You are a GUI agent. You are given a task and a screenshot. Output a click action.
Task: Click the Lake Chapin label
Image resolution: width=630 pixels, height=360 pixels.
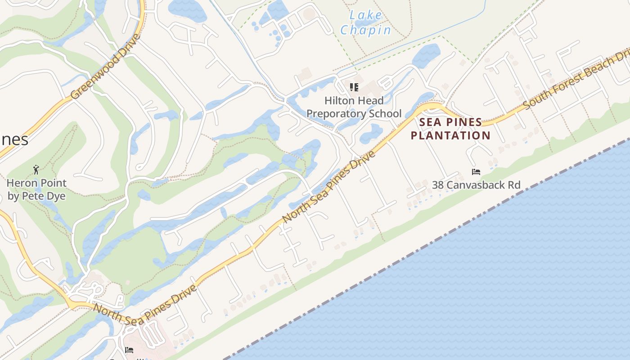pos(365,22)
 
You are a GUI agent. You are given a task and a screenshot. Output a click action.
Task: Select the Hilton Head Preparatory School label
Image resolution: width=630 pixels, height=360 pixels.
pos(354,107)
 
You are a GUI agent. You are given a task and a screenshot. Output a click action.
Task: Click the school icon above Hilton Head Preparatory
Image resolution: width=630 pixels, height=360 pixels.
pos(354,87)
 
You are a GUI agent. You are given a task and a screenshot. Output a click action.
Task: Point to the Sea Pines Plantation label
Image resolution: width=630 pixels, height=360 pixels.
pos(450,129)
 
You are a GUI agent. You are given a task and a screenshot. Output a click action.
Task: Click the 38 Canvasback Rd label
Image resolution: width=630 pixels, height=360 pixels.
pos(476,184)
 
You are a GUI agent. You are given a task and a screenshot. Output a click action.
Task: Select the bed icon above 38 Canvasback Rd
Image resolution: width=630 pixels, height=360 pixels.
pos(476,171)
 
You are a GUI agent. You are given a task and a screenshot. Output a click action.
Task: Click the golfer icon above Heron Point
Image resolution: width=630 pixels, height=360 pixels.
pos(36,170)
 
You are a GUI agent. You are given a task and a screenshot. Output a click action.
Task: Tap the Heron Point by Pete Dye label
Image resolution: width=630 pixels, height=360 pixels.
pos(36,189)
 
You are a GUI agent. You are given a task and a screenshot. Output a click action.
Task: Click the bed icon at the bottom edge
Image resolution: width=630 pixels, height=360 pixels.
pos(129,350)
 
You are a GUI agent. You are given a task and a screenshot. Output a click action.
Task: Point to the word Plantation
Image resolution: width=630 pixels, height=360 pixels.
pos(450,135)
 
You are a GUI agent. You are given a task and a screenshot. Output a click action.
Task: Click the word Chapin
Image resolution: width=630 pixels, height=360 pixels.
pos(365,30)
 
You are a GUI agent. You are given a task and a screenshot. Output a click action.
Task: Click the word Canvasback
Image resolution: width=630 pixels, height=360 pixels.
pos(476,184)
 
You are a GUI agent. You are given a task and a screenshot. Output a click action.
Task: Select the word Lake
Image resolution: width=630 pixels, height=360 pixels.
pos(366,15)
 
